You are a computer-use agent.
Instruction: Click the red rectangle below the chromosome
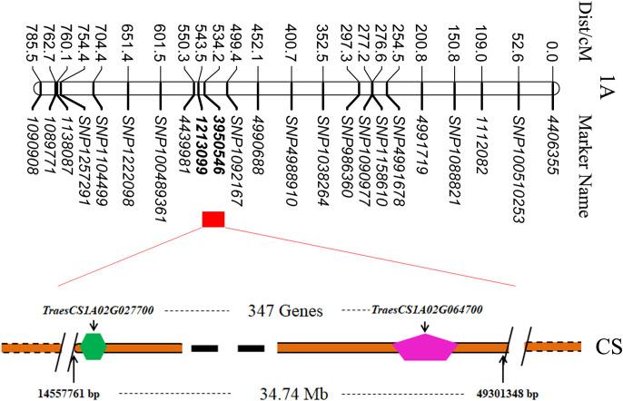click(213, 219)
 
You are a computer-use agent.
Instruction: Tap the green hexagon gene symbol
click(93, 346)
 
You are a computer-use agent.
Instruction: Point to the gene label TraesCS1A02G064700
click(425, 310)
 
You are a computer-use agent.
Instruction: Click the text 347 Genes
click(286, 310)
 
